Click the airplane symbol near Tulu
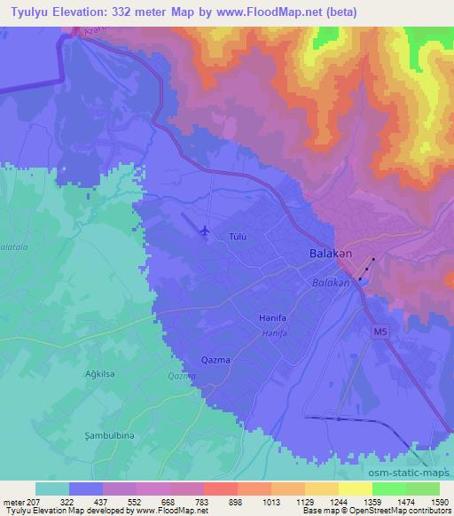pos(205,231)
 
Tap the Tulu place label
pos(238,237)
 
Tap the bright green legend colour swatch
pos(390,489)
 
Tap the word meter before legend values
pos(14,503)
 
